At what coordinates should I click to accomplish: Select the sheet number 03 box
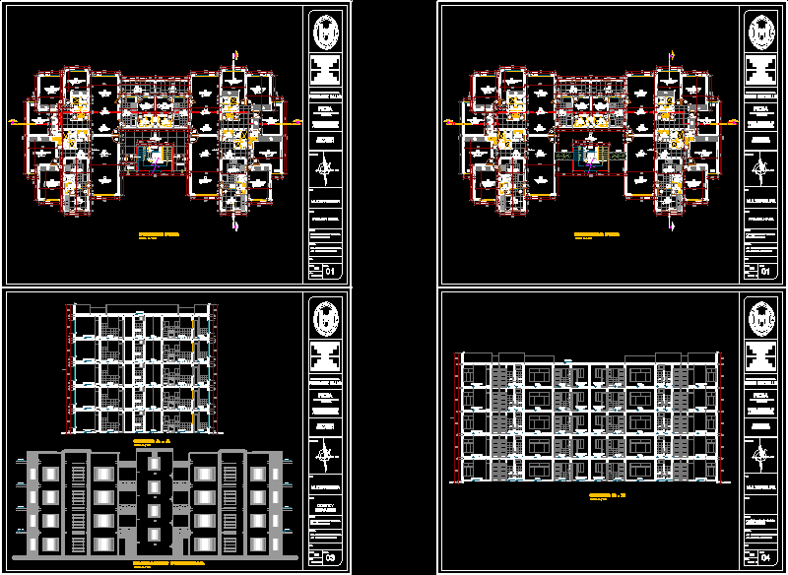(x=330, y=558)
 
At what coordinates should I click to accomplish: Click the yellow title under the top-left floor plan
(x=158, y=234)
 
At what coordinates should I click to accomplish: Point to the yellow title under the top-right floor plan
(x=597, y=234)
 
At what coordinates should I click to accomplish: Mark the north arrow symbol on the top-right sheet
(x=759, y=175)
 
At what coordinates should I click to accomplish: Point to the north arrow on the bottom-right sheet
(x=759, y=455)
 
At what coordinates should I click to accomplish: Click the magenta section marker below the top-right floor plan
(x=674, y=224)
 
